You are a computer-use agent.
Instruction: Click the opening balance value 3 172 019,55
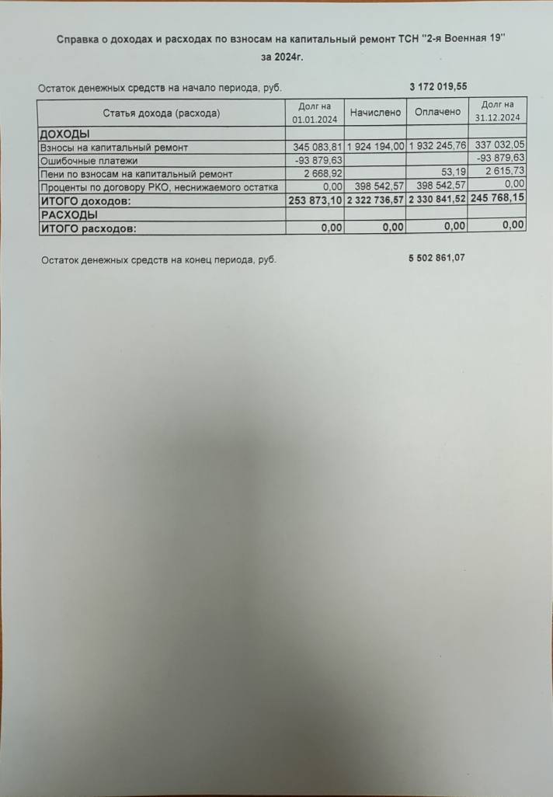437,86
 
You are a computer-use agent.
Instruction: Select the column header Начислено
375,113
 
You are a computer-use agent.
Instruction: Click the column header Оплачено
437,113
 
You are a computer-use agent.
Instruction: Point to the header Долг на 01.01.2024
315,113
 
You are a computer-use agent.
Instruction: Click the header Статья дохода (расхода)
162,113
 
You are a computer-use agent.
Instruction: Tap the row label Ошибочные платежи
89,161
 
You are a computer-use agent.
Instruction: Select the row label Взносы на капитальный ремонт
114,148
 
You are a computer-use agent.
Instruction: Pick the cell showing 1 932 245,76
437,147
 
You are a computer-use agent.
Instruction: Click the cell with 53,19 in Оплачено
451,173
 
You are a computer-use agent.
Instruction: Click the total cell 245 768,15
498,198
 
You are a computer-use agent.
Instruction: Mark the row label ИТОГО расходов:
88,228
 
